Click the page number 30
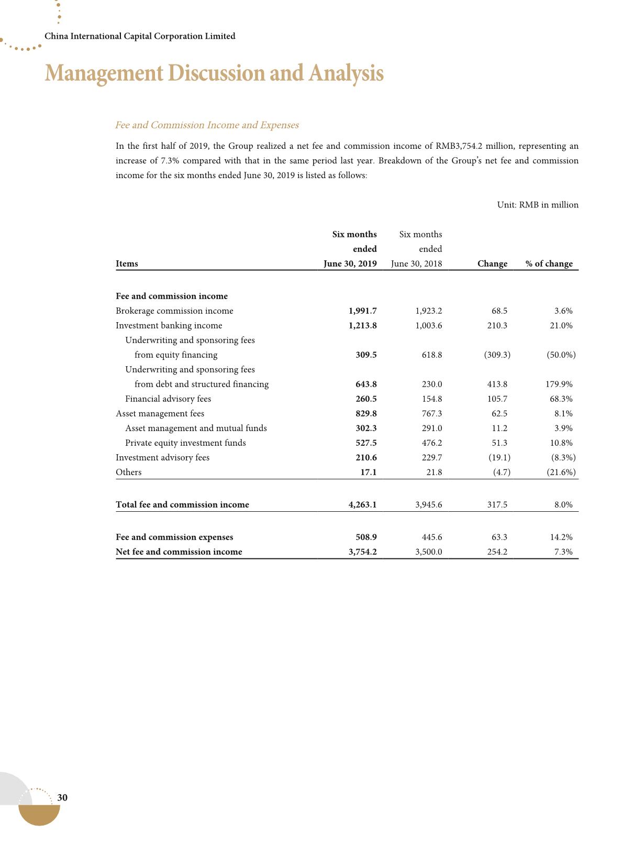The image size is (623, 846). [62, 797]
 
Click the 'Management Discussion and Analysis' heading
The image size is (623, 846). [214, 73]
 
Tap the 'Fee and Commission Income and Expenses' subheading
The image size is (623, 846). [207, 125]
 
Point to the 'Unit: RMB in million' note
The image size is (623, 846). [538, 205]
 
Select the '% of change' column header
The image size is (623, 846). [549, 263]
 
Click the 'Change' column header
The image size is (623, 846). [492, 263]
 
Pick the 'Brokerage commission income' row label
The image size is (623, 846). [174, 311]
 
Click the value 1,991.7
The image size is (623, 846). [363, 311]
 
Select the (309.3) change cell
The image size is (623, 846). [497, 355]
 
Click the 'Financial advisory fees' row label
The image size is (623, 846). [168, 399]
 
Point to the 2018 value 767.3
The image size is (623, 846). [432, 413]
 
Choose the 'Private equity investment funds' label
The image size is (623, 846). [185, 443]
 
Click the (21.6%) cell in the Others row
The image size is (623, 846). [561, 472]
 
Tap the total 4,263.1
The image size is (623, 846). [362, 504]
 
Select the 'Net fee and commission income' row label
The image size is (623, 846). [179, 552]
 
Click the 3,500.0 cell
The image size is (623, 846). [429, 552]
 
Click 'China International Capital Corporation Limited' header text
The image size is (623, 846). [140, 36]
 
